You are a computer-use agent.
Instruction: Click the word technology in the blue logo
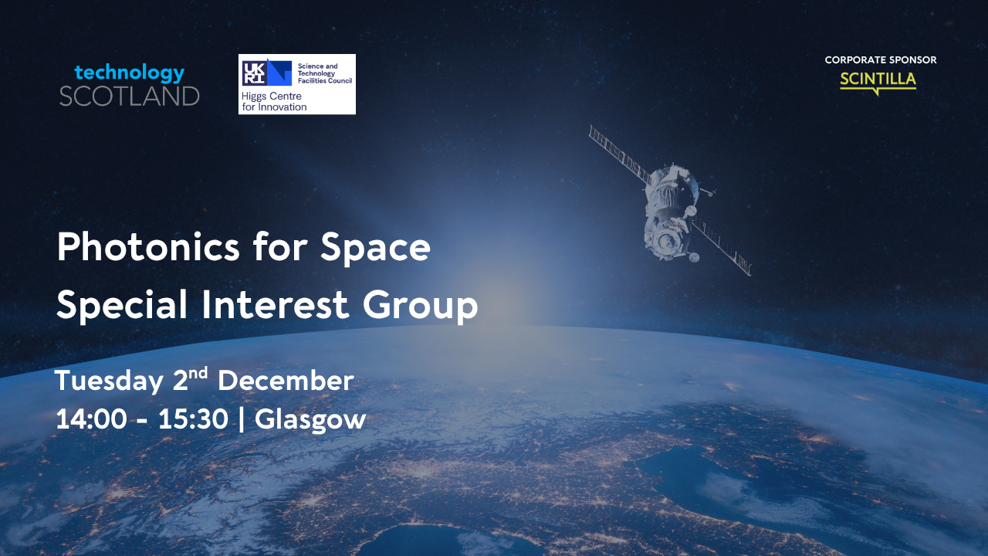click(129, 73)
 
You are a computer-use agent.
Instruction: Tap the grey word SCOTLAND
click(129, 97)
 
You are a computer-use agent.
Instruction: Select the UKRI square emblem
click(266, 72)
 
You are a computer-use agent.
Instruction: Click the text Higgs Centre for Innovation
click(274, 101)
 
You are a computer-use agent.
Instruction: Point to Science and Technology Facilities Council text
click(325, 73)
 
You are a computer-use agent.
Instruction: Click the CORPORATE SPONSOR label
click(881, 60)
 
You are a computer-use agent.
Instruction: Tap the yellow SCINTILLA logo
click(878, 83)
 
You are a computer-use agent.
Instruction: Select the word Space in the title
click(375, 249)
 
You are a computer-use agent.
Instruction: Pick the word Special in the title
click(122, 305)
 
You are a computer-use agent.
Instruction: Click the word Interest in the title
click(276, 304)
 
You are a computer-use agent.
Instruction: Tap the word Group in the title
click(421, 305)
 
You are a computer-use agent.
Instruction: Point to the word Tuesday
click(109, 381)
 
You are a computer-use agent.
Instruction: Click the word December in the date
click(286, 381)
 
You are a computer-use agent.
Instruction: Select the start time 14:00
click(91, 419)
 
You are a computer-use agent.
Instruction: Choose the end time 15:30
click(193, 419)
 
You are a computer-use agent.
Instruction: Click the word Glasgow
click(310, 419)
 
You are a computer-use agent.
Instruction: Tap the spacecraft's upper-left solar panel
click(620, 154)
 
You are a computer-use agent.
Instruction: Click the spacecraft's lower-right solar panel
click(722, 248)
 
